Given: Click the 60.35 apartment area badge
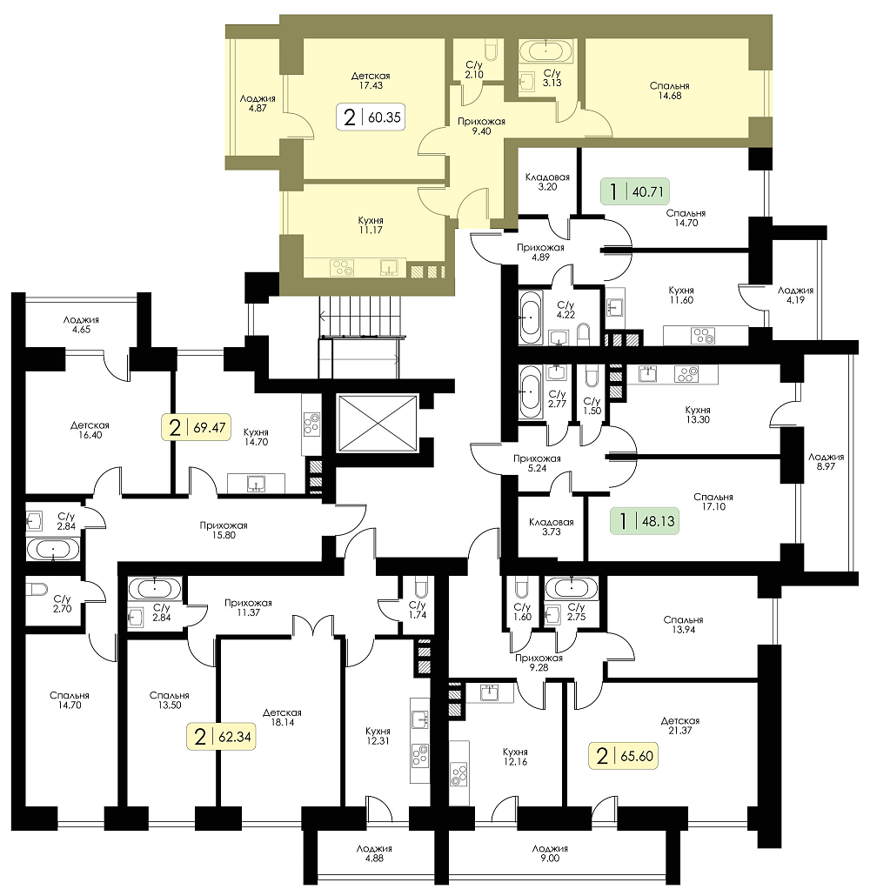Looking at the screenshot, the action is (x=371, y=117).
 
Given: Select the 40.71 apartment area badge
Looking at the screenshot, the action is (x=634, y=191).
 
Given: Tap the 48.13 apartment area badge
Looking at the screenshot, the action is (x=644, y=520).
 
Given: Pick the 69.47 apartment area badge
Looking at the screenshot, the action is (x=196, y=427).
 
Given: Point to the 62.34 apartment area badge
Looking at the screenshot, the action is (x=221, y=737).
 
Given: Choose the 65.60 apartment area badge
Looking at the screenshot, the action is (x=623, y=755).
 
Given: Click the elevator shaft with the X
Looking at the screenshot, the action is (x=378, y=424).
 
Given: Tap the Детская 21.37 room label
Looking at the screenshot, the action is (x=679, y=725).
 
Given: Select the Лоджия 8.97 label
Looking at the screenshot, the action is (x=826, y=462).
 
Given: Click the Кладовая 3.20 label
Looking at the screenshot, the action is (x=547, y=182).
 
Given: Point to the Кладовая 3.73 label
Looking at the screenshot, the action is (x=551, y=526).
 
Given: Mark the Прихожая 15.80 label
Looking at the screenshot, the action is (x=224, y=531).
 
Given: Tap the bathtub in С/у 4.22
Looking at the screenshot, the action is (x=531, y=318).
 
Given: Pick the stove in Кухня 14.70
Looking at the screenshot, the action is (x=311, y=422).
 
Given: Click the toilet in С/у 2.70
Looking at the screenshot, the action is (x=37, y=589).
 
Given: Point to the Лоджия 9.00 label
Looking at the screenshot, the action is (x=550, y=853).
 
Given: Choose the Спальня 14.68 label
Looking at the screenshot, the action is (x=669, y=90).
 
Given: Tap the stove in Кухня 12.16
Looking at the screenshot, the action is (x=459, y=774).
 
